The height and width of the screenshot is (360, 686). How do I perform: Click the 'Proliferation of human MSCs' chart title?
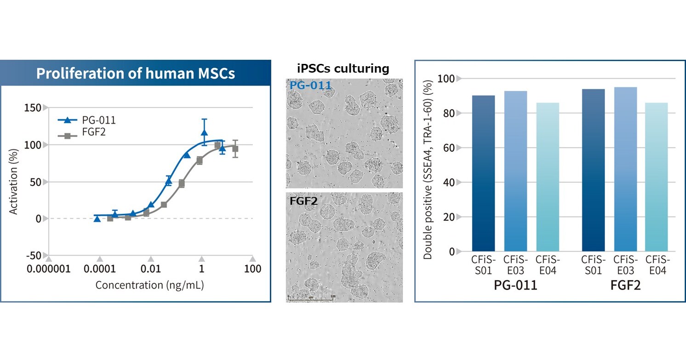(136, 74)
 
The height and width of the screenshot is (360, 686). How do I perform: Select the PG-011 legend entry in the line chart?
(88, 120)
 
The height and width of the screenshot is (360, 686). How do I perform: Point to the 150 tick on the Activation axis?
(33, 108)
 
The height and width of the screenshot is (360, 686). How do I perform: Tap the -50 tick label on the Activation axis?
(33, 255)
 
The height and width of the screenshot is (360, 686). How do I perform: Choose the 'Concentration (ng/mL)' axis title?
(149, 285)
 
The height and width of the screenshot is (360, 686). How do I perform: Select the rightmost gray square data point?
(235, 149)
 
